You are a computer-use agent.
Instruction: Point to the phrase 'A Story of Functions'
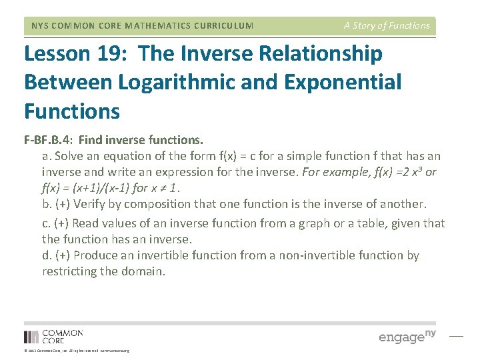[387, 26]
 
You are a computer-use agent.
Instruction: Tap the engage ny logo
[407, 336]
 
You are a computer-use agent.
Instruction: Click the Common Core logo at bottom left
[53, 336]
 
